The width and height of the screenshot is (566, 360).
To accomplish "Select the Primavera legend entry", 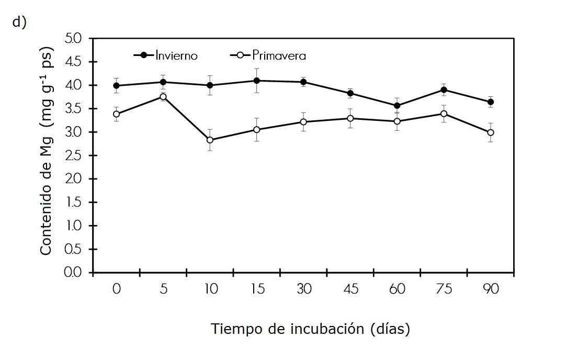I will [268, 55].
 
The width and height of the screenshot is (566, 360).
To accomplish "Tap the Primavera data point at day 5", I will [163, 97].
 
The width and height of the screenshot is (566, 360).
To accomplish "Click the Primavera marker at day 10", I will [210, 140].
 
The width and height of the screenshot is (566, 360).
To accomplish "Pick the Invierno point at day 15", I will [257, 81].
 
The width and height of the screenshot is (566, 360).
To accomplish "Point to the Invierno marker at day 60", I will [397, 106].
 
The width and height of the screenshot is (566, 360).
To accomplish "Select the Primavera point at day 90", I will [491, 132].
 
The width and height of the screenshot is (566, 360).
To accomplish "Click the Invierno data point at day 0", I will [116, 86].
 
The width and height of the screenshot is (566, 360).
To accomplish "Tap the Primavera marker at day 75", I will [444, 114].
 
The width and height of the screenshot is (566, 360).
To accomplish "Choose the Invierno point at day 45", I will [350, 94].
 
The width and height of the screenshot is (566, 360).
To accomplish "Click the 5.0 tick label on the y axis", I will [73, 38].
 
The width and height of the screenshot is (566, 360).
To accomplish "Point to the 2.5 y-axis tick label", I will [73, 155].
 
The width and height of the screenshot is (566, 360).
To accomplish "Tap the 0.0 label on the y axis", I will [73, 273].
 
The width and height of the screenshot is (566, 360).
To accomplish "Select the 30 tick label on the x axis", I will [303, 289].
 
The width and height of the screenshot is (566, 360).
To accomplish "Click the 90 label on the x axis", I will [491, 289].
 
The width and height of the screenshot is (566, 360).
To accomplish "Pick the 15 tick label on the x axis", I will [257, 289].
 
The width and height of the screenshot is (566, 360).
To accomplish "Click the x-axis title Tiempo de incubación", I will [310, 329].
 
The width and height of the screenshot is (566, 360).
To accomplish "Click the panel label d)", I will [19, 23].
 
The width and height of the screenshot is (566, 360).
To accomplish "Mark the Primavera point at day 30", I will [303, 122].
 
